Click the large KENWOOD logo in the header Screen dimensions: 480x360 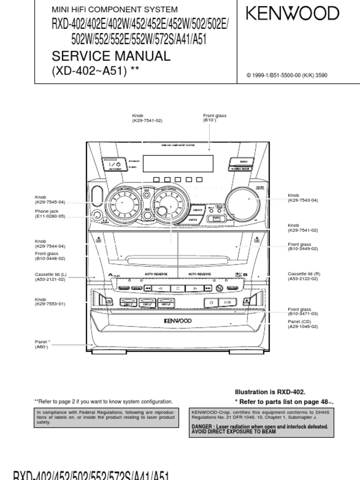(x=292, y=13)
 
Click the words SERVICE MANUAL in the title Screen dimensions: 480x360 (x=111, y=56)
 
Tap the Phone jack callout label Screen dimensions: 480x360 (x=46, y=211)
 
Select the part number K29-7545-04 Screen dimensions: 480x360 (x=50, y=202)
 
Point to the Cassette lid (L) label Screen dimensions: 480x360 (x=51, y=274)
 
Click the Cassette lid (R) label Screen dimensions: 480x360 (x=304, y=274)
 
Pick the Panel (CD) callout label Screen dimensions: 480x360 (x=299, y=322)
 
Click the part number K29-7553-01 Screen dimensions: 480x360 (x=50, y=304)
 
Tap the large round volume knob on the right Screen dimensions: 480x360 (x=243, y=201)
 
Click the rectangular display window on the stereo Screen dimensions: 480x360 (x=178, y=164)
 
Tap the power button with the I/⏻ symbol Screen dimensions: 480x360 (x=115, y=165)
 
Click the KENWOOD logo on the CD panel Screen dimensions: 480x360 (x=177, y=321)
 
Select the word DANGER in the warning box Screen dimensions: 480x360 (x=202, y=427)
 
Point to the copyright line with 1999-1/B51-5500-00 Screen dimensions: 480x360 (x=286, y=75)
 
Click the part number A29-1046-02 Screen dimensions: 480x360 (x=303, y=326)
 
